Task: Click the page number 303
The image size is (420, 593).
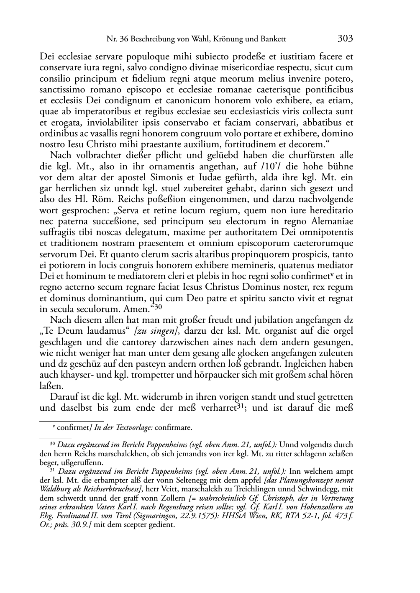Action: pyautogui.click(x=345, y=39)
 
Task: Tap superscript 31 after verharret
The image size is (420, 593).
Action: pyautogui.click(x=238, y=406)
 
